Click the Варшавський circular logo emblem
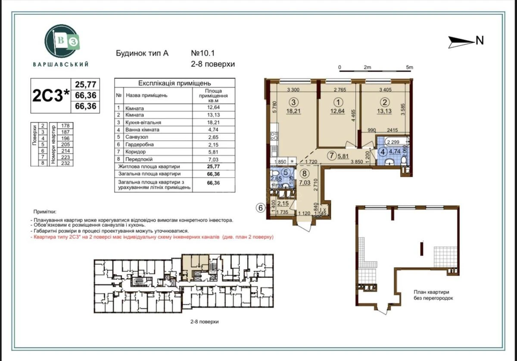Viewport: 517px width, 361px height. (x=62, y=40)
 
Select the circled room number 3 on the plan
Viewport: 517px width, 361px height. (x=293, y=102)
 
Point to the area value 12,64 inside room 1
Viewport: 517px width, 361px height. (x=339, y=111)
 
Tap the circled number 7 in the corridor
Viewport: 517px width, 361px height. (x=331, y=156)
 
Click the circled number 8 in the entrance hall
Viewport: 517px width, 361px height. (x=305, y=174)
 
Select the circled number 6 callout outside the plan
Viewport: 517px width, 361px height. (x=260, y=207)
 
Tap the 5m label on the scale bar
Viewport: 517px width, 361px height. (x=409, y=68)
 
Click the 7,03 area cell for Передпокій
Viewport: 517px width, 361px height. (x=211, y=159)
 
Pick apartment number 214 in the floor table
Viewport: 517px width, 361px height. (x=66, y=151)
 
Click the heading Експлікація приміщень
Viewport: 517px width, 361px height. (x=174, y=83)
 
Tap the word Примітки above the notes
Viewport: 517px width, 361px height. (x=44, y=212)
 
